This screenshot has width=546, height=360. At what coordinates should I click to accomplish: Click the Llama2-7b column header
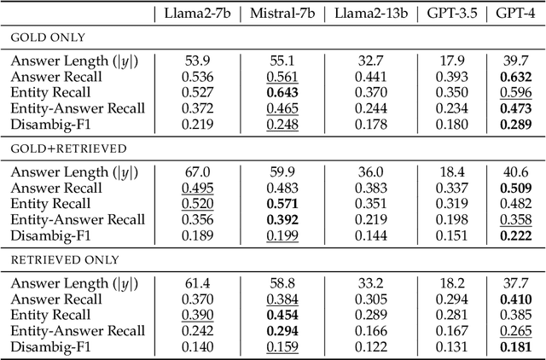(x=194, y=13)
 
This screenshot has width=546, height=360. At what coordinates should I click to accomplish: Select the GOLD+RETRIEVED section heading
(x=68, y=148)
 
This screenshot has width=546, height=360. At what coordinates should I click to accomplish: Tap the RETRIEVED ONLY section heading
(x=65, y=259)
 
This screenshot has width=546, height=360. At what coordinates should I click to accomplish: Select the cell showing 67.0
(x=194, y=172)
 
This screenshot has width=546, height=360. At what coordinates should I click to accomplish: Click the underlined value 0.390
(x=194, y=314)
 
